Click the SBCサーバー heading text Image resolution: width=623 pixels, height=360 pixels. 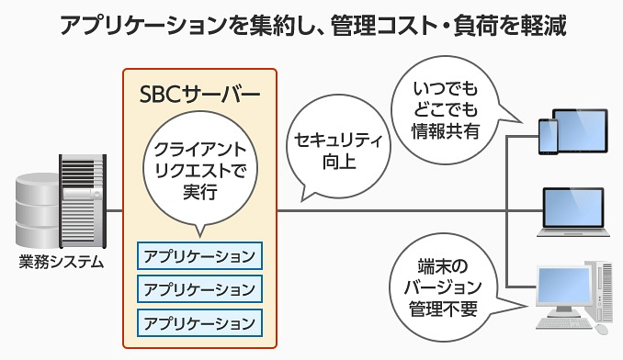tap(199, 95)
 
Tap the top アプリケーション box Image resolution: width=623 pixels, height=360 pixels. tap(199, 253)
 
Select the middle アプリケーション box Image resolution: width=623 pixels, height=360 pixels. tap(199, 288)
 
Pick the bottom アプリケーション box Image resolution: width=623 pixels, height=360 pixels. tap(199, 322)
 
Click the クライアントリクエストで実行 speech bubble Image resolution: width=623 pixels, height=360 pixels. tap(199, 170)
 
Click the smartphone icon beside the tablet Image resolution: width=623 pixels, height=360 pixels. tap(547, 138)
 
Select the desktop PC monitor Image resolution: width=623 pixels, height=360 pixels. tap(563, 284)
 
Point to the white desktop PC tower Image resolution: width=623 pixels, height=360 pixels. tap(602, 294)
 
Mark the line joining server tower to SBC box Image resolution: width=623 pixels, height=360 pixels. tap(114, 210)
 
